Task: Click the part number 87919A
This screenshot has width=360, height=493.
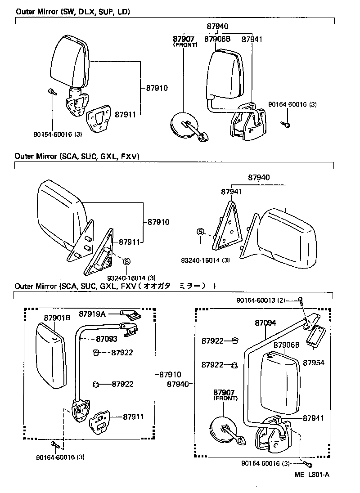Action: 92,314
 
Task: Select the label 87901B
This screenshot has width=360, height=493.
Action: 57,318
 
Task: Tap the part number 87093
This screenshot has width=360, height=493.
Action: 106,339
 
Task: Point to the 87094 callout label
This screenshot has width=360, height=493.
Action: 265,323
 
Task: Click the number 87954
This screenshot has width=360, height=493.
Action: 313,362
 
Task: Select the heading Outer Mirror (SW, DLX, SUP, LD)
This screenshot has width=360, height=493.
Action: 72,12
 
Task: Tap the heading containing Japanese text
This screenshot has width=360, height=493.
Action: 115,286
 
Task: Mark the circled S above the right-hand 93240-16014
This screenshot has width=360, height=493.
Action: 200,232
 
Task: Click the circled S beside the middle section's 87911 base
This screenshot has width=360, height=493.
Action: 126,261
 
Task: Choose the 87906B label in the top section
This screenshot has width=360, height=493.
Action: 217,39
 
